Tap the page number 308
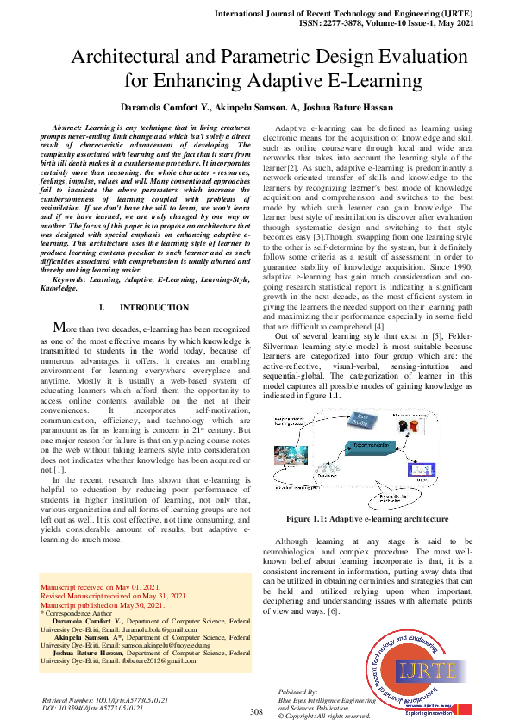coord(255,711)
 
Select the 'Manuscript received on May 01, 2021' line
coord(100,586)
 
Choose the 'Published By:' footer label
coord(297,692)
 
